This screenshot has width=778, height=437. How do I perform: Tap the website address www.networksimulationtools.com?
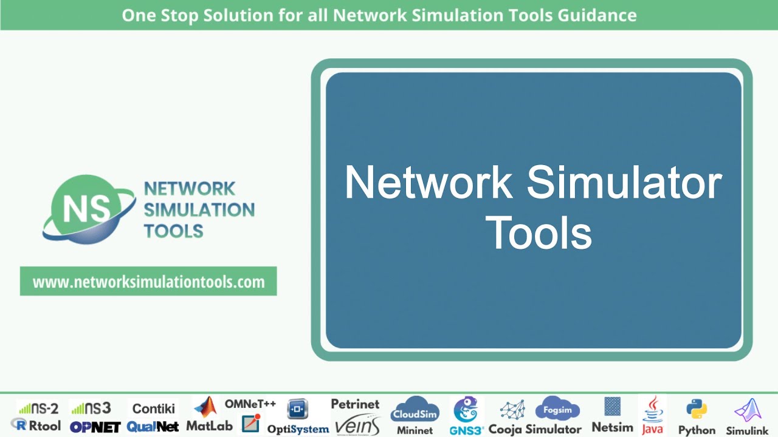[148, 282]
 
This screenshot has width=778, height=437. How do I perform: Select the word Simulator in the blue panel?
[625, 183]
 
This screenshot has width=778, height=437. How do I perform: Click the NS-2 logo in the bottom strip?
[38, 408]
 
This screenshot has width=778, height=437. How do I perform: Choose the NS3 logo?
[91, 408]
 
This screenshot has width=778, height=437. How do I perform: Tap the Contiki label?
[154, 408]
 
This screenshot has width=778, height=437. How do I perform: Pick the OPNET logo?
[95, 427]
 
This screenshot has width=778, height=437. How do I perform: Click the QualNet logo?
[153, 427]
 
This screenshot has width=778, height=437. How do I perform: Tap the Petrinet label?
[355, 404]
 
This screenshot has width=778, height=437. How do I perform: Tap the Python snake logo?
[697, 410]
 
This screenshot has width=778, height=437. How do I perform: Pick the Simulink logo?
[748, 411]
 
